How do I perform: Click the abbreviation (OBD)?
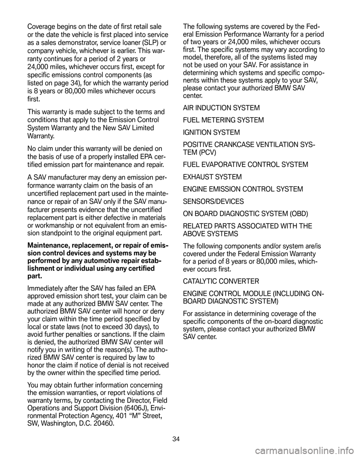pyautogui.click(x=298, y=214)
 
